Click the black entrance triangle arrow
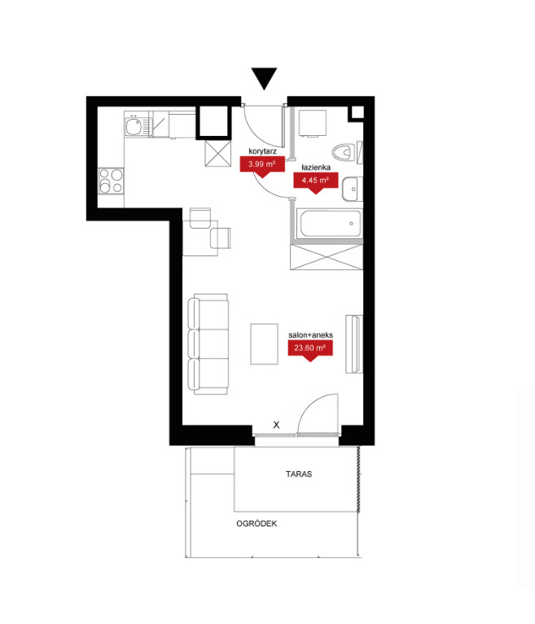coord(264,78)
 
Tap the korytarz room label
coord(262,151)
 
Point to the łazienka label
coord(316,168)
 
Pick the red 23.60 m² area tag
coord(310,350)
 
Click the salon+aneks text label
coord(311,335)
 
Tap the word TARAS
coord(299,474)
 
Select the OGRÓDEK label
coord(257,524)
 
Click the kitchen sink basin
coord(133,126)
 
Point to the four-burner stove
coord(111,181)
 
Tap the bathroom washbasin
coord(353,189)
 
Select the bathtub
coord(330,224)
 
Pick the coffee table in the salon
coord(264,344)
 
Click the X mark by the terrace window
coord(276,425)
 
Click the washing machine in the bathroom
coord(313,124)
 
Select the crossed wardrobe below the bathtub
coord(327,257)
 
